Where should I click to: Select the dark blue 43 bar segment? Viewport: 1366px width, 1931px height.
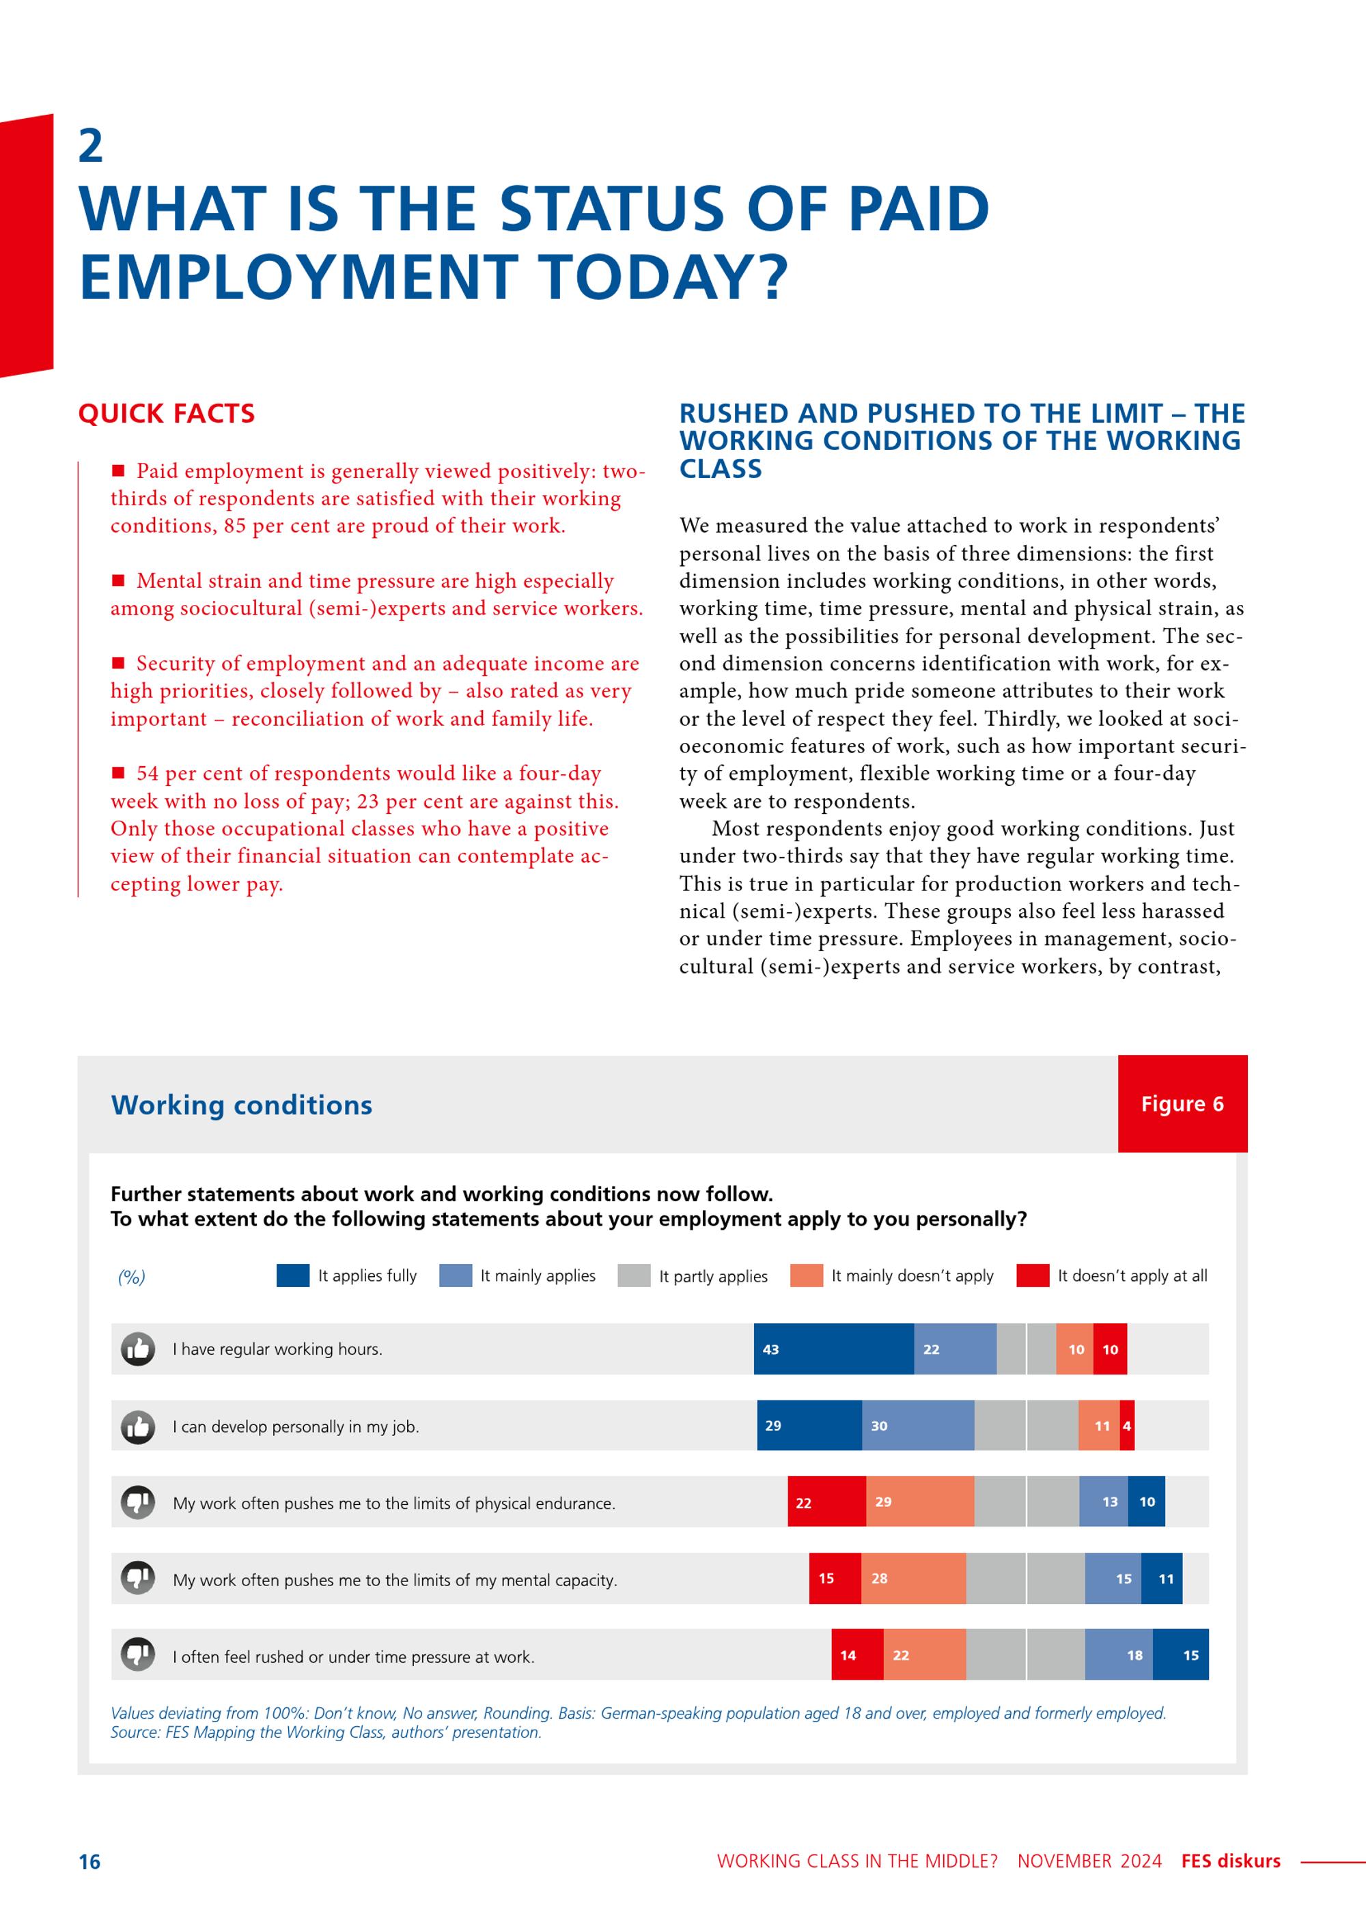pos(833,1349)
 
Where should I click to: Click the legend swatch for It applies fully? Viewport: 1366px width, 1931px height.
pos(293,1275)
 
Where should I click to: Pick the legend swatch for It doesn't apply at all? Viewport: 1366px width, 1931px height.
pos(1033,1275)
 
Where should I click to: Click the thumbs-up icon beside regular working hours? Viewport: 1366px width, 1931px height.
pos(138,1349)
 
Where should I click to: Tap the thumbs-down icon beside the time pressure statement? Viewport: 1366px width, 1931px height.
pos(138,1654)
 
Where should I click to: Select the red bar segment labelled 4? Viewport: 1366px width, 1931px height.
pos(1127,1426)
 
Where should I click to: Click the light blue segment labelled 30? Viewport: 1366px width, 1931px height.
pos(919,1426)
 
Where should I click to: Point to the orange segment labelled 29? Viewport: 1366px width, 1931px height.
pos(920,1502)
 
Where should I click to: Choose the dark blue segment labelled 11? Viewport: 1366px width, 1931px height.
pos(1162,1579)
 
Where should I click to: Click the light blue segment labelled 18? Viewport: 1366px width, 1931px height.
pos(1119,1654)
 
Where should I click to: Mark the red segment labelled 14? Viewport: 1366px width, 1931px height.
pos(857,1654)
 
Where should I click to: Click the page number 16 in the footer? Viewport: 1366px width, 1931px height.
pos(89,1862)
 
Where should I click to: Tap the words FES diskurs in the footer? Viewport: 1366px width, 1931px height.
pos(1231,1861)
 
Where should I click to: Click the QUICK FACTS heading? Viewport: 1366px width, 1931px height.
pos(167,414)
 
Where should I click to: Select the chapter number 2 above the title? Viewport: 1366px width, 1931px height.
pos(91,146)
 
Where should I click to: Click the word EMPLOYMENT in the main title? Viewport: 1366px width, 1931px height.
pos(298,277)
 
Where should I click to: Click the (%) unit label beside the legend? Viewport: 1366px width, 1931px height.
pos(131,1278)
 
